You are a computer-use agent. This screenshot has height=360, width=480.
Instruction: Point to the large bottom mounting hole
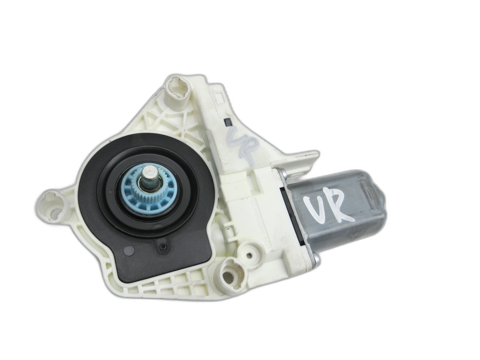point(232,275)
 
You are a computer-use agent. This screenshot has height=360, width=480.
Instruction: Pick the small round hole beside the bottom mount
point(250,254)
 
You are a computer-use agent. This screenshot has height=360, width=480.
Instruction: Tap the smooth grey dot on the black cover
point(129,250)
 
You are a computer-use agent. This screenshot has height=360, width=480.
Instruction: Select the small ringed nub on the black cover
point(162,248)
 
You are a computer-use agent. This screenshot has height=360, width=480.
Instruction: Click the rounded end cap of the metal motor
point(378,212)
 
